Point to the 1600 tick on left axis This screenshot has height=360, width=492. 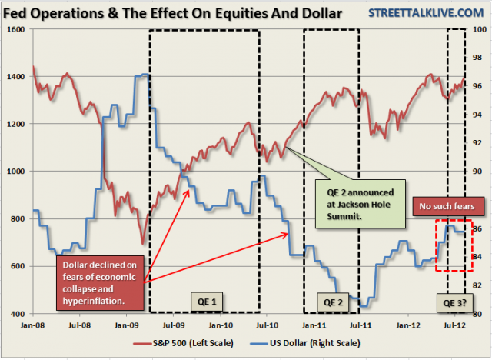16,28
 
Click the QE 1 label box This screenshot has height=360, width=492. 199,299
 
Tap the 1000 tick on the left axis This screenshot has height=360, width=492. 16,172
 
